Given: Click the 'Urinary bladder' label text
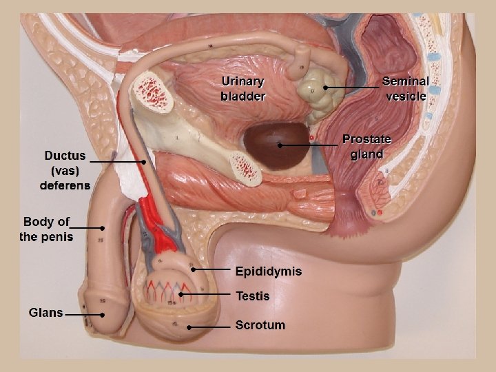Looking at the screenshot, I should pos(242,89).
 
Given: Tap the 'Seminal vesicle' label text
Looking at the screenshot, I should pos(405,89).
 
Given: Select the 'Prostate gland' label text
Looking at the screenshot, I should pos(366,147).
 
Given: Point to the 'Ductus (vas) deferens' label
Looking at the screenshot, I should pos(65,170).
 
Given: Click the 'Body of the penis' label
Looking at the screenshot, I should pos(46,229).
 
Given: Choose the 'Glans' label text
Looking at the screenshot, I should pos(45,312).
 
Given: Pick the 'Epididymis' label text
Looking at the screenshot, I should pos(268,271).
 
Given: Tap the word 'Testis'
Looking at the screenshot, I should pos(252,296).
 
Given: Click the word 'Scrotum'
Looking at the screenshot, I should pos(260,324).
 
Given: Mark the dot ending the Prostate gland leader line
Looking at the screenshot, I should pos(279,145).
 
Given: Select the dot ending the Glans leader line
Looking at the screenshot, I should pos(102,315).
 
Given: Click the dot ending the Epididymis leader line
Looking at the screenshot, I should pos(193,269).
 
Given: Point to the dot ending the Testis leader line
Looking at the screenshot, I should pos(180,295).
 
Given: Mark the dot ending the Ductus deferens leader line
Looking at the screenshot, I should pos(143,162).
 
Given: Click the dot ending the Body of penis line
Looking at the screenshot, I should pos(102,227).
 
